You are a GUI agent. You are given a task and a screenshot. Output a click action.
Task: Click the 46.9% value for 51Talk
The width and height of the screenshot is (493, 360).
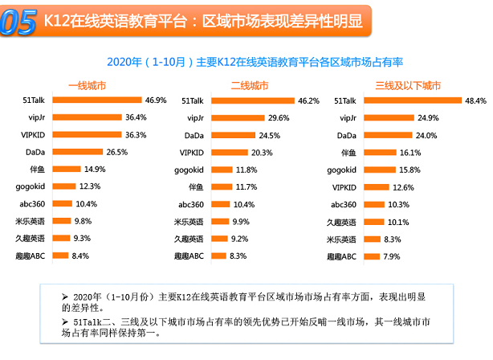155,100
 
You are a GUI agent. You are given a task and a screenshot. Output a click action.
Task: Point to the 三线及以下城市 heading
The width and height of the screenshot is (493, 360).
408,84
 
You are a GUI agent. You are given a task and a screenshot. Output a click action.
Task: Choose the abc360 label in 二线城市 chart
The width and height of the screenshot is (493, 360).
190,204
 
